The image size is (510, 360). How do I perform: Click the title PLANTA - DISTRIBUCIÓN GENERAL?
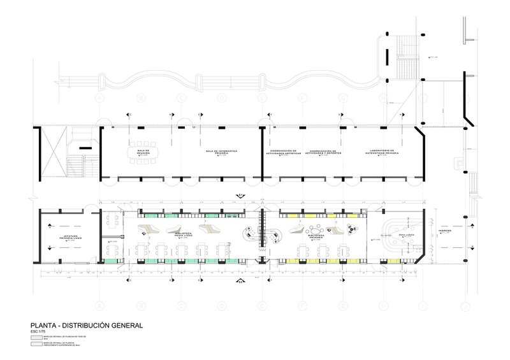click(82, 325)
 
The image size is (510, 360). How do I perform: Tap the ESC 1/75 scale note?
click(39, 332)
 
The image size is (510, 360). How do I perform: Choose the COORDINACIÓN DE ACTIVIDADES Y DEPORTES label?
click(323, 153)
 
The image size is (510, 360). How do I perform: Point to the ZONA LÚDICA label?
click(406, 236)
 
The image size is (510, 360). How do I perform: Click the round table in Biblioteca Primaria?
click(314, 226)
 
